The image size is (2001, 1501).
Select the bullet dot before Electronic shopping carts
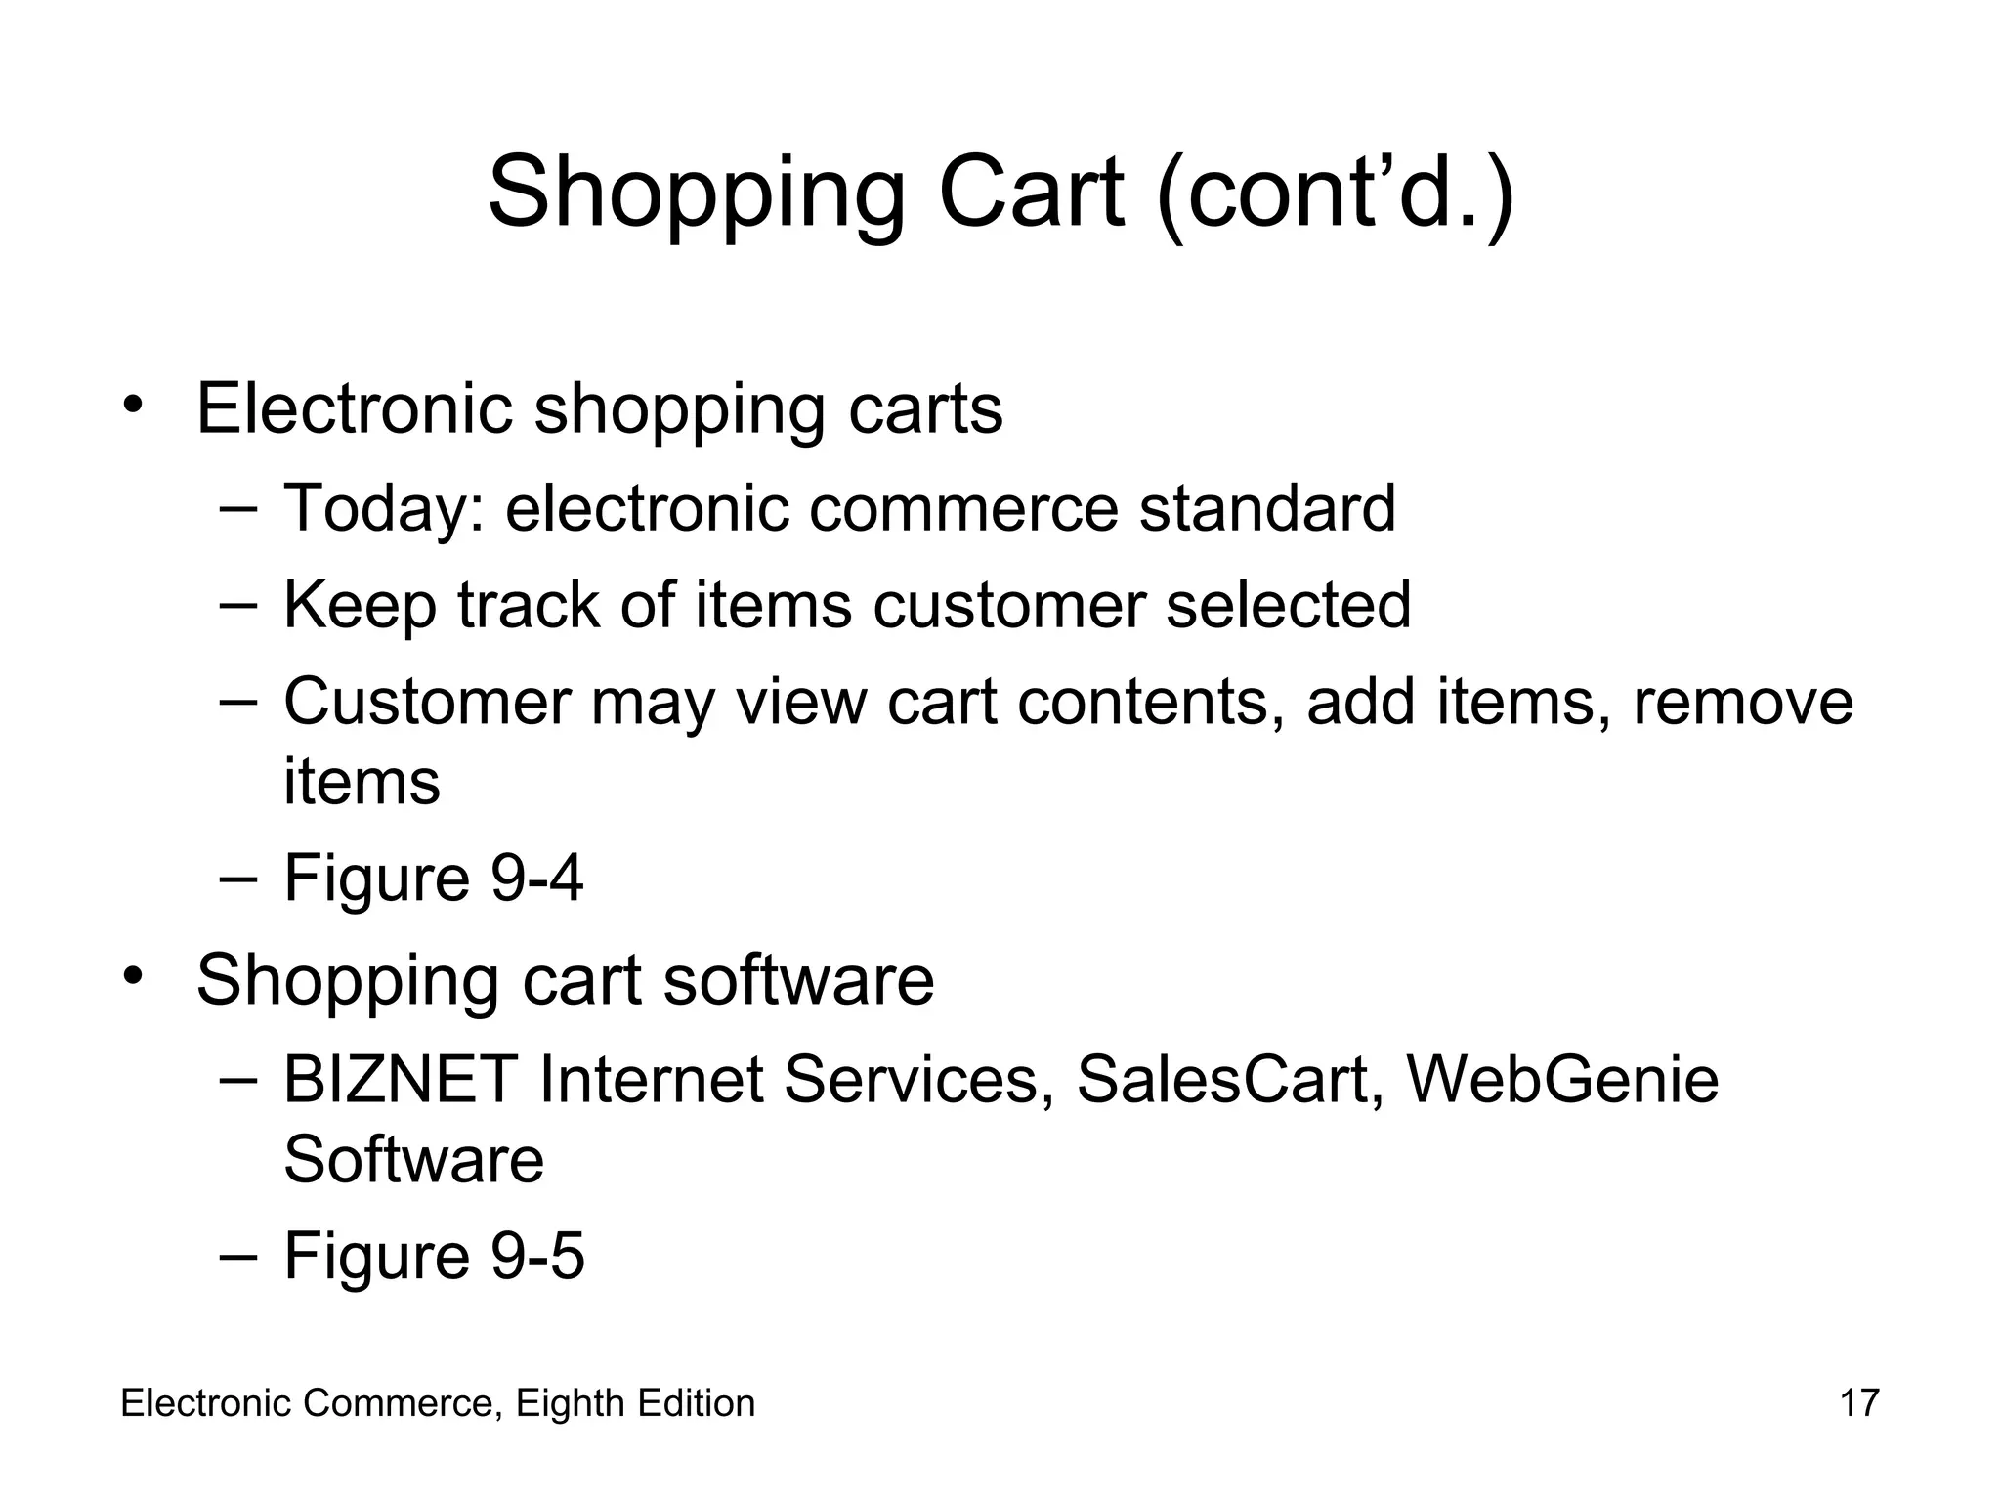[133, 404]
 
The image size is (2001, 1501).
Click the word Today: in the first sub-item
[383, 509]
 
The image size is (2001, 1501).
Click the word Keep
[360, 606]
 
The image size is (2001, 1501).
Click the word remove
[1742, 702]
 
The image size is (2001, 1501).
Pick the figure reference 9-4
[536, 879]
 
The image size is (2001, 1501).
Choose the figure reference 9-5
[536, 1256]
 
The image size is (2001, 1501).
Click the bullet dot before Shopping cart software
[133, 976]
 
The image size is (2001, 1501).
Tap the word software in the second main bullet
[798, 980]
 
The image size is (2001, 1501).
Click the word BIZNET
[400, 1080]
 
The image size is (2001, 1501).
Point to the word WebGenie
[1561, 1080]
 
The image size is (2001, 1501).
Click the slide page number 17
[1858, 1403]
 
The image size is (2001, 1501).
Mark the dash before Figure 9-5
[237, 1254]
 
